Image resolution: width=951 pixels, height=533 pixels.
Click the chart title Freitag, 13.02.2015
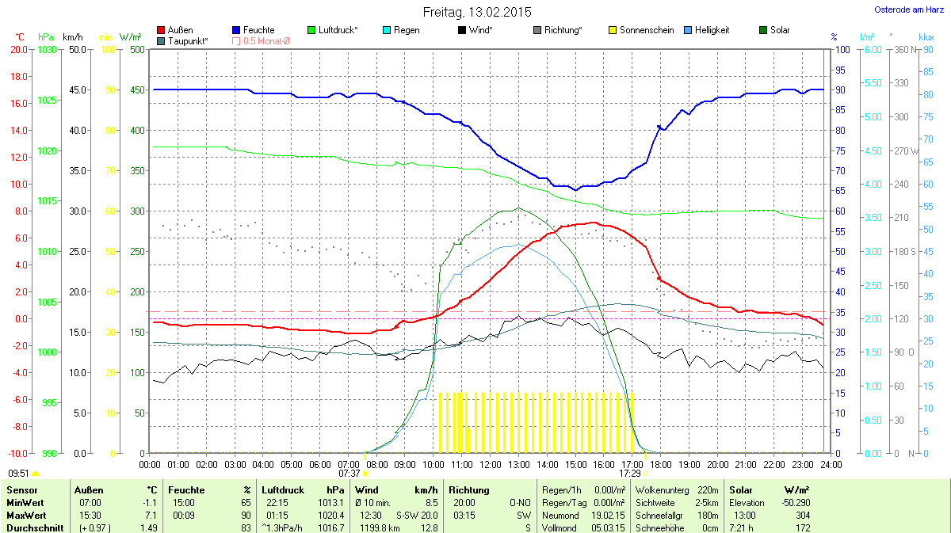[x=477, y=12]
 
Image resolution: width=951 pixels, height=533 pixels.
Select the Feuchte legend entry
[x=258, y=30]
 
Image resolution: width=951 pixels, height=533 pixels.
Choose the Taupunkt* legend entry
[x=188, y=40]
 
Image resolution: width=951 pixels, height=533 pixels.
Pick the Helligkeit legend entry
[x=712, y=30]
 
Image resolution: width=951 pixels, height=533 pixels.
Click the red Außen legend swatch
[x=162, y=30]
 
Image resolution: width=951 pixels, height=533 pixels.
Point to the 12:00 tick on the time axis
[x=491, y=464]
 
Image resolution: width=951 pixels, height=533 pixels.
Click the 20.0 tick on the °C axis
[x=19, y=49]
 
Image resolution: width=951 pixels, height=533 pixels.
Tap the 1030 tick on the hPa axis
[x=48, y=49]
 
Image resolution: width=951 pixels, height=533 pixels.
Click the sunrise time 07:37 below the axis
[x=349, y=473]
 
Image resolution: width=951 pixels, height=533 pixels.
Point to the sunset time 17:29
[x=629, y=473]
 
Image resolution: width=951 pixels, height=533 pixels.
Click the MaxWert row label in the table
[x=24, y=515]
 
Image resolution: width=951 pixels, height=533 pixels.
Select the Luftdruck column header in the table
[x=282, y=490]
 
